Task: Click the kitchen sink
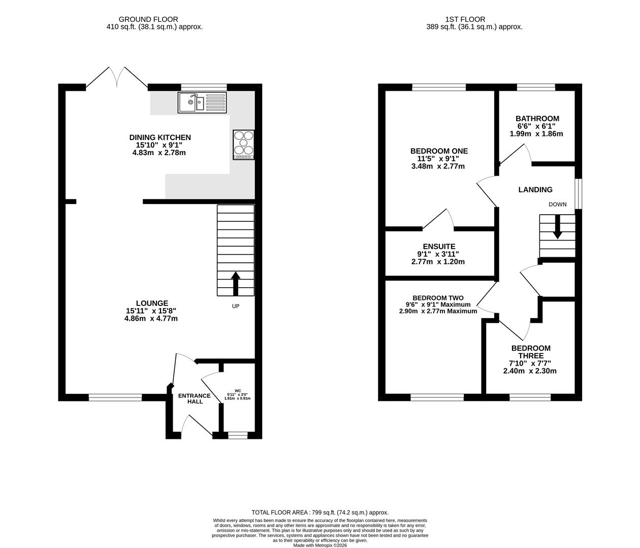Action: [x=202, y=102]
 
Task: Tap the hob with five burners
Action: [x=244, y=145]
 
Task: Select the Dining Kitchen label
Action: [x=160, y=138]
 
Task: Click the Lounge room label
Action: [x=152, y=303]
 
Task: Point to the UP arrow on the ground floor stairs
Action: [x=236, y=284]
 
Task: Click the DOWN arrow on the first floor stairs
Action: [x=558, y=227]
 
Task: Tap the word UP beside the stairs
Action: [x=236, y=306]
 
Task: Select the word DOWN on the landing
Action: [x=558, y=204]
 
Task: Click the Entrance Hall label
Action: [x=195, y=399]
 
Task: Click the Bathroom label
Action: [x=537, y=119]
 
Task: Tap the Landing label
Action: [x=535, y=190]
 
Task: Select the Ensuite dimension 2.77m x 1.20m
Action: [x=438, y=262]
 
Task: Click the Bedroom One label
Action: [x=439, y=151]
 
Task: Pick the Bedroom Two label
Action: [x=438, y=298]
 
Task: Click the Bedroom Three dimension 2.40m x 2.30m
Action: [x=530, y=371]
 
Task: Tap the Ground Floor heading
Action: [x=149, y=19]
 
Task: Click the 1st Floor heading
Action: [x=465, y=19]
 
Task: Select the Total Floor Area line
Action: [x=320, y=512]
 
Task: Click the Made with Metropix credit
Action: [x=320, y=545]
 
